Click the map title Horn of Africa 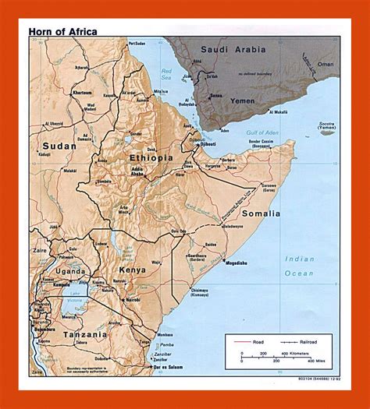pyautogui.click(x=64, y=32)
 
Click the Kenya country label pyautogui.click(x=132, y=270)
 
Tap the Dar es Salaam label pyautogui.click(x=172, y=366)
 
